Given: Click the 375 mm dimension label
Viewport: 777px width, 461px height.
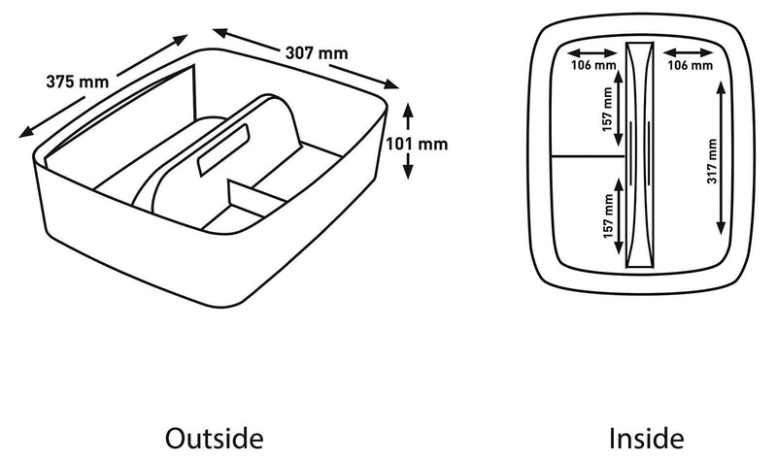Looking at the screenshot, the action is pyautogui.click(x=78, y=82).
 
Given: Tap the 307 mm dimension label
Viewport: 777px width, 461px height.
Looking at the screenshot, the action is pyautogui.click(x=317, y=53).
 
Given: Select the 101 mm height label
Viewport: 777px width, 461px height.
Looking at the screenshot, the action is pyautogui.click(x=417, y=144).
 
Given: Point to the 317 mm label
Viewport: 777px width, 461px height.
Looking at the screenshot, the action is pyautogui.click(x=712, y=161).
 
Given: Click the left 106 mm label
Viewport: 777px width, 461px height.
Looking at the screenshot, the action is pyautogui.click(x=593, y=65).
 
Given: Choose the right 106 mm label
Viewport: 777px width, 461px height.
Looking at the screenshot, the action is pyautogui.click(x=690, y=65).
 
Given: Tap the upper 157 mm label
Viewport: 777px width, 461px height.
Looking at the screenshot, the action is pyautogui.click(x=608, y=110).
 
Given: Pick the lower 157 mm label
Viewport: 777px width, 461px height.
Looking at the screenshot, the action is pyautogui.click(x=608, y=215).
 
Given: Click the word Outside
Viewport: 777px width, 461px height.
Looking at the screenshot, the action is pyautogui.click(x=214, y=439).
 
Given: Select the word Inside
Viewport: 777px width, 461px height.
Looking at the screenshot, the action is pyautogui.click(x=646, y=439).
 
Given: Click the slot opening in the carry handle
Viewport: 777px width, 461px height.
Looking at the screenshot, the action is pyautogui.click(x=223, y=149).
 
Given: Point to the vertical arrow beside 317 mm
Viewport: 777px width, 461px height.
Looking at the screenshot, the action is pyautogui.click(x=721, y=158).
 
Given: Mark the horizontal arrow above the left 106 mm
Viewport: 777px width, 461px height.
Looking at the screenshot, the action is pyautogui.click(x=592, y=53).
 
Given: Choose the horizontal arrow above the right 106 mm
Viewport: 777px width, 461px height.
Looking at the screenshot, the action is pyautogui.click(x=689, y=53).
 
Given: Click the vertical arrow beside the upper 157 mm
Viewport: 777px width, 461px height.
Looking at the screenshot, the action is pyautogui.click(x=618, y=109).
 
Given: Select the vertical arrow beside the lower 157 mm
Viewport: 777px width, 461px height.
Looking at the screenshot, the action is pyautogui.click(x=619, y=216).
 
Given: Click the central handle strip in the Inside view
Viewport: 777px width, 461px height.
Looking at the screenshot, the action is pyautogui.click(x=640, y=155).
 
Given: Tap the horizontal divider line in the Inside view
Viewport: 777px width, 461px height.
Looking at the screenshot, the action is pyautogui.click(x=589, y=156).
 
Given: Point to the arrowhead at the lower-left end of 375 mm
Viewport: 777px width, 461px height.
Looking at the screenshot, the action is pyautogui.click(x=26, y=132).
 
